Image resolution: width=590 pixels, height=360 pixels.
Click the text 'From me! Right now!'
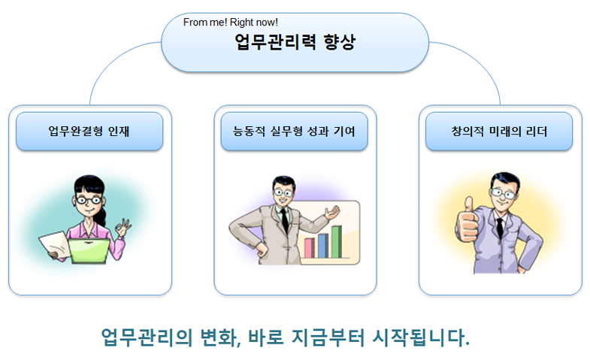pyautogui.click(x=230, y=23)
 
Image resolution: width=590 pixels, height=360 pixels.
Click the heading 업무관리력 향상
pyautogui.click(x=295, y=42)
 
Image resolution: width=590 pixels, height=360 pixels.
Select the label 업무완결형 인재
pyautogui.click(x=89, y=132)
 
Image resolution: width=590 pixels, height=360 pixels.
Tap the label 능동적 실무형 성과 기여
pyautogui.click(x=294, y=132)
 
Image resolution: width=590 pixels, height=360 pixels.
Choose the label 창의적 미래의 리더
pyautogui.click(x=499, y=132)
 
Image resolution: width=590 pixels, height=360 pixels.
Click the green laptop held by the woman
pyautogui.click(x=89, y=251)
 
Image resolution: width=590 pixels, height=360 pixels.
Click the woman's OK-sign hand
pyautogui.click(x=123, y=227)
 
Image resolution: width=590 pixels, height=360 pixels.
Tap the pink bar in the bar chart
pyautogui.click(x=310, y=248)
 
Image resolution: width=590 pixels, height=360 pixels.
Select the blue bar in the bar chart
pyautogui.click(x=323, y=246)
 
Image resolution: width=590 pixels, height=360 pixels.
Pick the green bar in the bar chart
pyautogui.click(x=337, y=241)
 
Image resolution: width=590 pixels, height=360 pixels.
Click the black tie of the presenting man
pyautogui.click(x=285, y=220)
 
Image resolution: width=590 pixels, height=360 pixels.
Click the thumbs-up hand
pyautogui.click(x=467, y=221)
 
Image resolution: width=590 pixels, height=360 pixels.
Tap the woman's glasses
pyautogui.click(x=89, y=200)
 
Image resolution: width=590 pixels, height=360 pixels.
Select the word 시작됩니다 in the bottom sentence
pyautogui.click(x=421, y=337)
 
